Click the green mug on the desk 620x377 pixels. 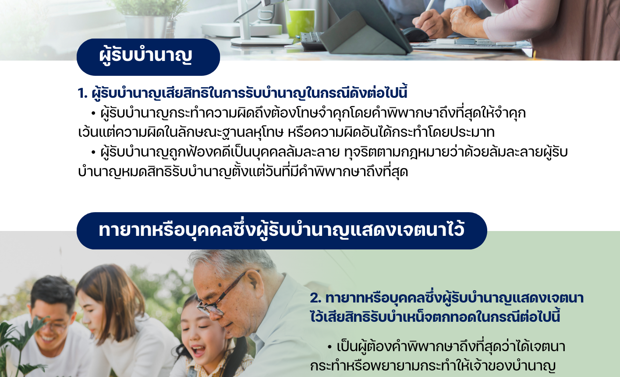(x=301, y=23)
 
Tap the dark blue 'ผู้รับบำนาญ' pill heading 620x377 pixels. (x=149, y=57)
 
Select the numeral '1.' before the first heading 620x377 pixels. (x=82, y=93)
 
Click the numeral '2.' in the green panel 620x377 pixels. (x=316, y=298)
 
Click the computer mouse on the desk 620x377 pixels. (x=415, y=35)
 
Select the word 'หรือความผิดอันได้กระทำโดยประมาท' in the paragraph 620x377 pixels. (x=391, y=132)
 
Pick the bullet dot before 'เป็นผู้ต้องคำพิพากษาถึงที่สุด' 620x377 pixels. (x=329, y=347)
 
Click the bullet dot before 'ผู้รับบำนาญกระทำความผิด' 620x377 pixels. (x=93, y=113)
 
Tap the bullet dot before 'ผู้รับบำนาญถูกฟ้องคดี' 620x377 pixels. (x=93, y=152)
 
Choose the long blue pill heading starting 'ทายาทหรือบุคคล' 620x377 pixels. (x=282, y=231)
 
